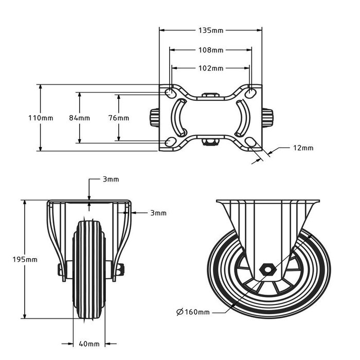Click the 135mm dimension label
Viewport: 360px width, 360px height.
[x=211, y=31]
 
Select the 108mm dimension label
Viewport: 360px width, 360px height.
[x=211, y=50]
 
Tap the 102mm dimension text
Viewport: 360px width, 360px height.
[x=211, y=68]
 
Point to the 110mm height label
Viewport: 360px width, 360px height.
[x=40, y=118]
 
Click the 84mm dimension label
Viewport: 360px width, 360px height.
[x=79, y=118]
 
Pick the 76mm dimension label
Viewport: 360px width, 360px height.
[x=119, y=118]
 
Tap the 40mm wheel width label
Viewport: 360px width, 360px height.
[x=89, y=344]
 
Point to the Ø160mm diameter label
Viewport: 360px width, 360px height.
[x=193, y=312]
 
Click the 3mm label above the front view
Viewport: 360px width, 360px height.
[x=111, y=179]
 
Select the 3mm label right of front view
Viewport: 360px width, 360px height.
[x=158, y=212]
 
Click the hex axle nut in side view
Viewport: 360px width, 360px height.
[x=267, y=269]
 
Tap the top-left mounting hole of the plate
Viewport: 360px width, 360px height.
[x=169, y=93]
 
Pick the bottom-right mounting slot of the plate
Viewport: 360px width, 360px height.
[x=251, y=142]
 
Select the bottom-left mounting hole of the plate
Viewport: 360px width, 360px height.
[x=169, y=142]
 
